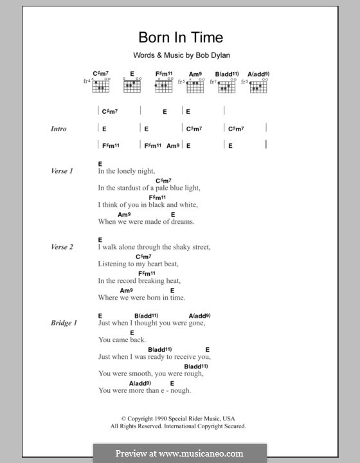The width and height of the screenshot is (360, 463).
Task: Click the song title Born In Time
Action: [x=179, y=37]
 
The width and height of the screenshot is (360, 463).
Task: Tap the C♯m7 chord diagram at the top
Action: [x=102, y=84]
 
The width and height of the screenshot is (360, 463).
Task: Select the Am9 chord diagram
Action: [x=196, y=84]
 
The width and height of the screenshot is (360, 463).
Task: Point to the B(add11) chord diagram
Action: [x=227, y=84]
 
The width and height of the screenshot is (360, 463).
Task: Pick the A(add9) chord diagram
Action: [x=258, y=84]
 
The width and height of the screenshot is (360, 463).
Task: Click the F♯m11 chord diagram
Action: [x=164, y=84]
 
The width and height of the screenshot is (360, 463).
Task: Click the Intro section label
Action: [x=59, y=129]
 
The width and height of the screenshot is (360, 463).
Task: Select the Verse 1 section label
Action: [x=62, y=171]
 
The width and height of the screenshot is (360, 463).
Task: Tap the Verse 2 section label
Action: [x=62, y=247]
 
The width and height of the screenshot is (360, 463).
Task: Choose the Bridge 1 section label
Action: [x=64, y=323]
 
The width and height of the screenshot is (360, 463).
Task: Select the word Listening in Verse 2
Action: [x=113, y=264]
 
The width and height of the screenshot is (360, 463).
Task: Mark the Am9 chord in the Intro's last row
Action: [x=173, y=146]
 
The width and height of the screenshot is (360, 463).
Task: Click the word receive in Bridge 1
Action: [x=184, y=357]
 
